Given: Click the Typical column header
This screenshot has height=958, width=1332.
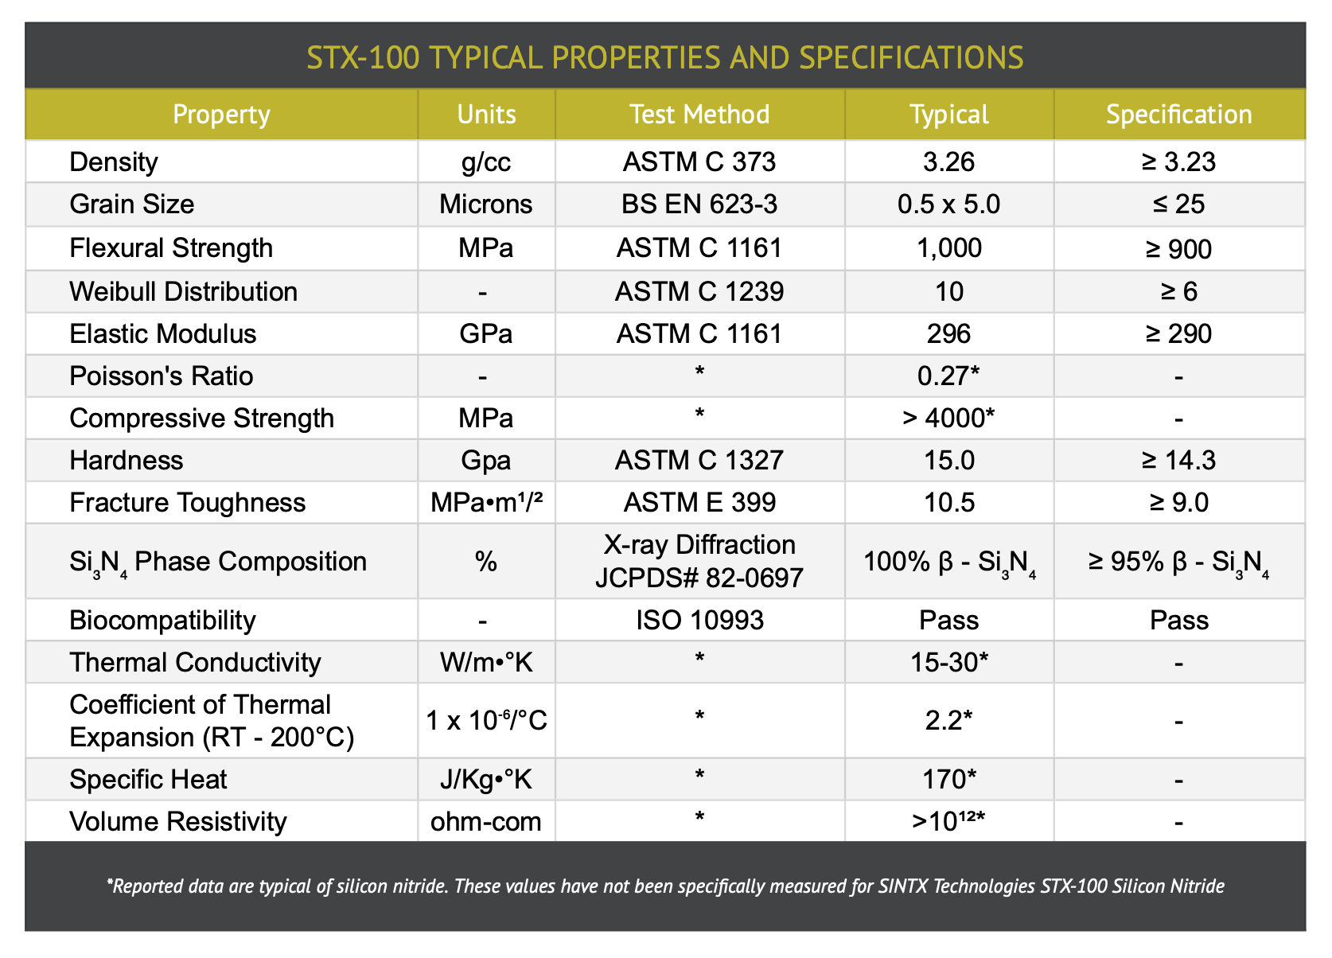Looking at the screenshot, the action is (x=949, y=115).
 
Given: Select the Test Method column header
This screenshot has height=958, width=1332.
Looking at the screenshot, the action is (x=699, y=114).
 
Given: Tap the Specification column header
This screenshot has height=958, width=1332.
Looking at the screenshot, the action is (x=1178, y=115).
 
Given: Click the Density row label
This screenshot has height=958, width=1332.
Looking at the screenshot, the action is (x=114, y=162).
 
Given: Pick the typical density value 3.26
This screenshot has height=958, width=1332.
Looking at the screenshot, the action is (x=949, y=162).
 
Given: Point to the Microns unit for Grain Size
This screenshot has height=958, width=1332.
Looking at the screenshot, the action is (x=486, y=204).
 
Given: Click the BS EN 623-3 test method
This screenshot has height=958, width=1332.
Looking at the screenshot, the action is (x=699, y=204).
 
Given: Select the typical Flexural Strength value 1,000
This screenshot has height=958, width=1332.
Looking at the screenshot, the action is (x=949, y=248).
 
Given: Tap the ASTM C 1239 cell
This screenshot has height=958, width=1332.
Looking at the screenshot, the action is (x=699, y=291).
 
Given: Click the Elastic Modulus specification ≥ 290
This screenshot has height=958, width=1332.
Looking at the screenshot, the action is (x=1178, y=333).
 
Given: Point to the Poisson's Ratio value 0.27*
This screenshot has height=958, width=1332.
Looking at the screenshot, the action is (x=948, y=376).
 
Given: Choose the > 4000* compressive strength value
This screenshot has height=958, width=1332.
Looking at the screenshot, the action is (x=948, y=418).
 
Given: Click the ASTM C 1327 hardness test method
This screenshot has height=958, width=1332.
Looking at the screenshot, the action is (x=699, y=460).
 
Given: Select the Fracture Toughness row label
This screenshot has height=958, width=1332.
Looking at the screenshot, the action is (x=187, y=503).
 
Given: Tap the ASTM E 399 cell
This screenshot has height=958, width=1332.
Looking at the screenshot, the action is (x=699, y=503).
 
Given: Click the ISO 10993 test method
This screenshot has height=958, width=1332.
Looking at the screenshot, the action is (x=699, y=620).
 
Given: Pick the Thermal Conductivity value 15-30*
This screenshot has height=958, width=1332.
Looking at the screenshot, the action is (x=949, y=663).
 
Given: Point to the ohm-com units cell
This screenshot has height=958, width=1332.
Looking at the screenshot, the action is (x=486, y=822).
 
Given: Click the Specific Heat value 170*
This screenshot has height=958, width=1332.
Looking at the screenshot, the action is (x=949, y=779).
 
